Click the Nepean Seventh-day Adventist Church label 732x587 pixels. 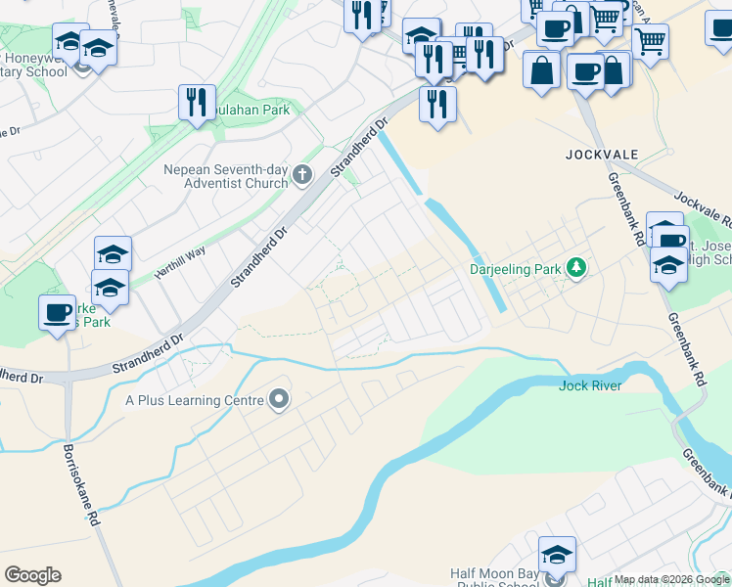tap(226, 175)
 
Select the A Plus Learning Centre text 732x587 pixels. tap(195, 400)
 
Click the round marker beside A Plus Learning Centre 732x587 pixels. tap(280, 399)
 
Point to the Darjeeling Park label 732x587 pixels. tap(519, 268)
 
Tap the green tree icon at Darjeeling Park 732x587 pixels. tap(577, 267)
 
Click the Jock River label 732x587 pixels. tap(590, 385)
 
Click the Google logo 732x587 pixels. tap(32, 575)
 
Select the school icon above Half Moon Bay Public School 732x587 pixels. tap(557, 555)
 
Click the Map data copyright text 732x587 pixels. tap(671, 579)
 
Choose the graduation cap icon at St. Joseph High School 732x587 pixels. tap(668, 265)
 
